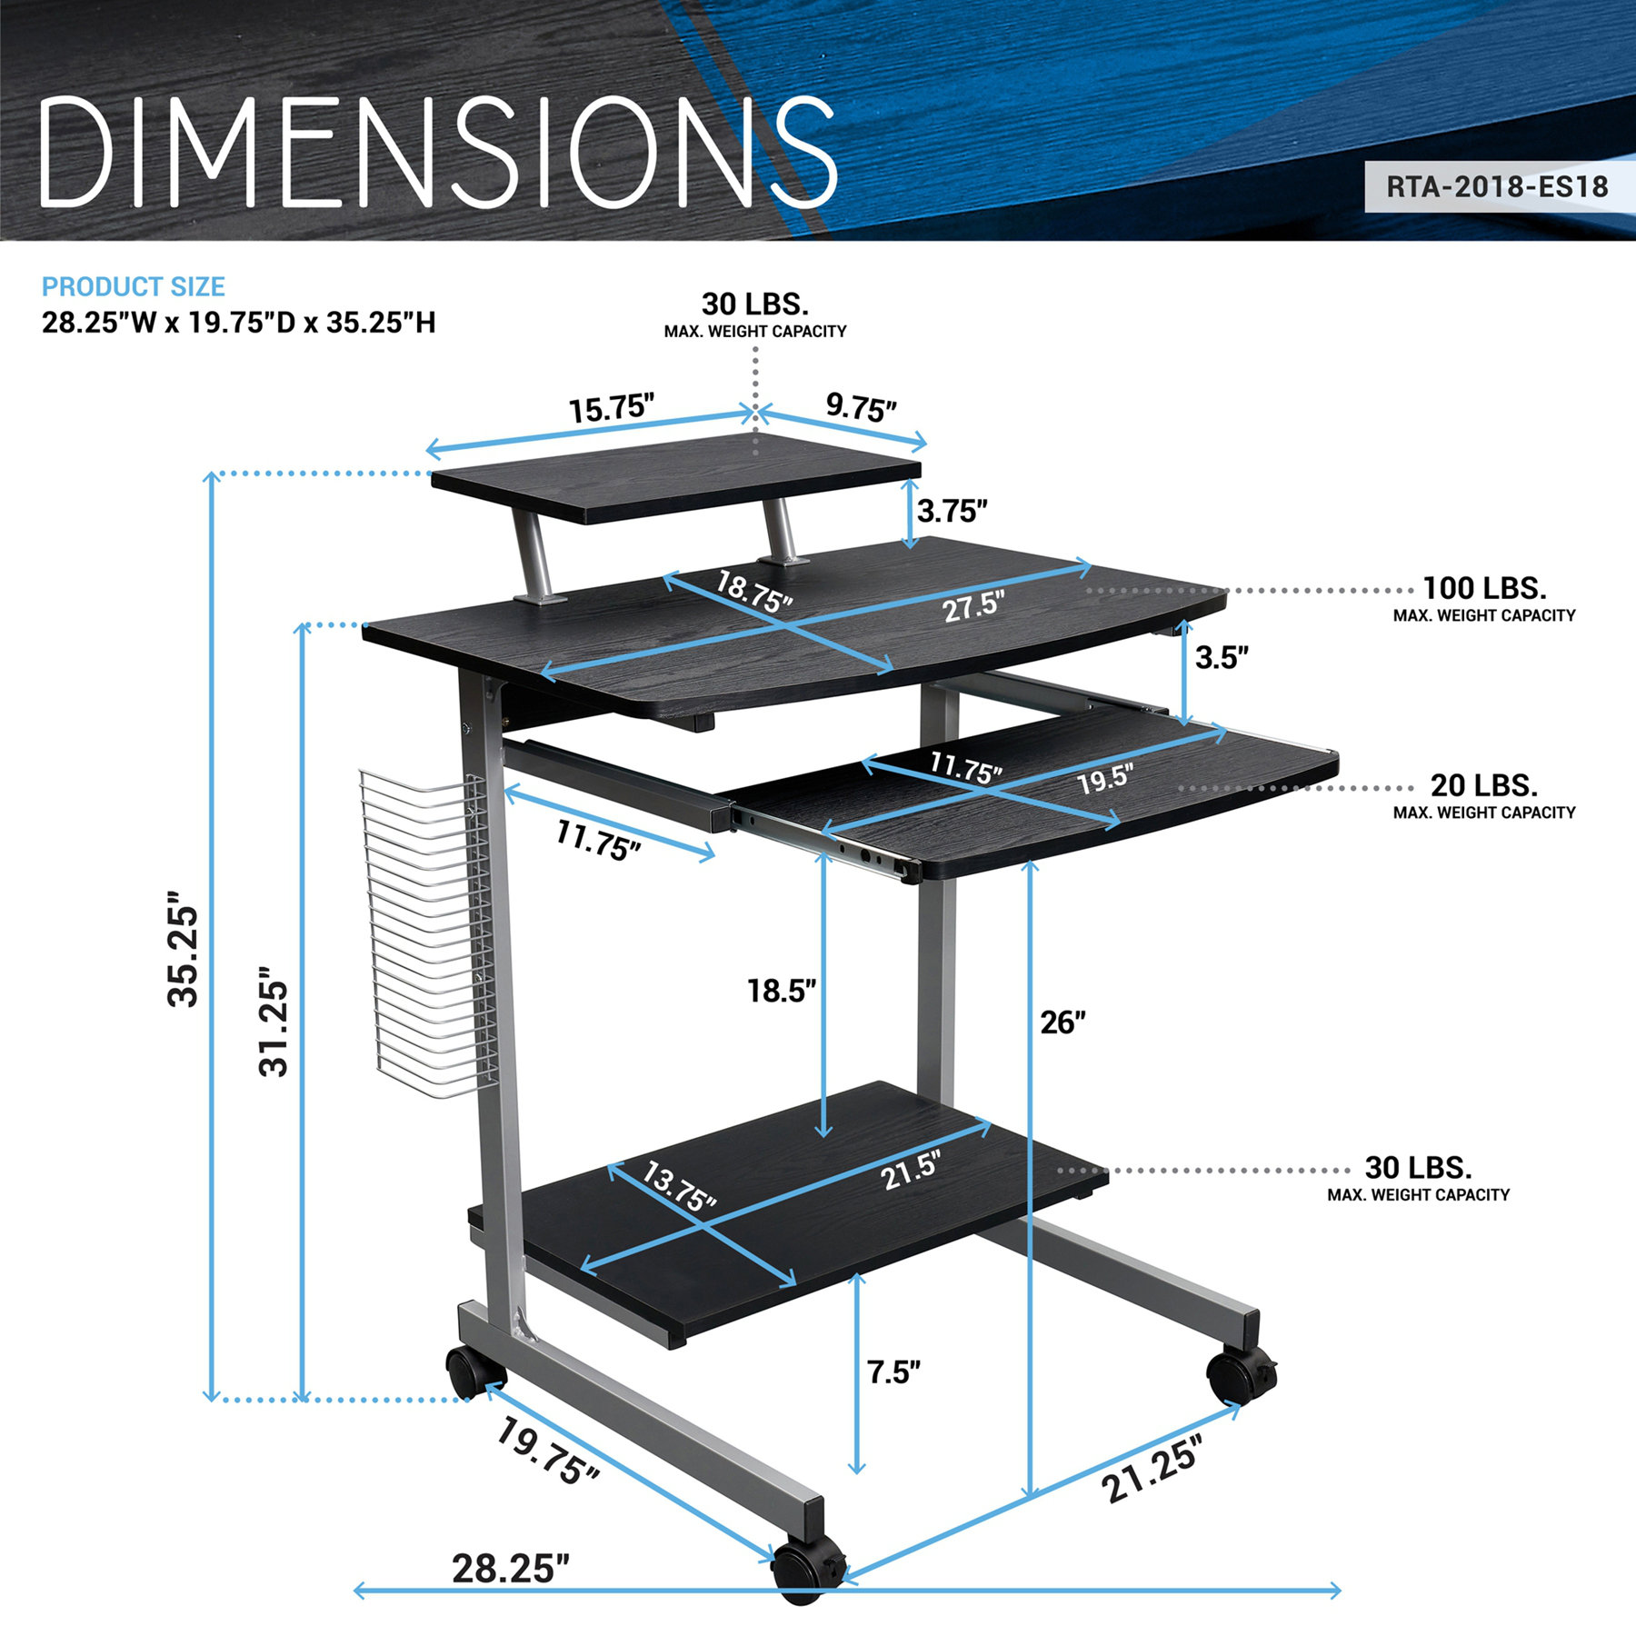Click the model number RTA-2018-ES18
click(x=1496, y=187)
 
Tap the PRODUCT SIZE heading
click(x=134, y=287)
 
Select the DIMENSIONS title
click(x=436, y=153)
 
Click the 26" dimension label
click(x=1062, y=1022)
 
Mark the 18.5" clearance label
click(x=781, y=991)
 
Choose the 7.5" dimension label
click(x=893, y=1372)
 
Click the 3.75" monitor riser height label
click(x=952, y=512)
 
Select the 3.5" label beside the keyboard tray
click(x=1222, y=657)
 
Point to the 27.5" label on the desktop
click(x=973, y=606)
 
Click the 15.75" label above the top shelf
click(x=612, y=408)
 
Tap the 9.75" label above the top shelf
click(x=861, y=408)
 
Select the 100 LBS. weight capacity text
click(x=1483, y=589)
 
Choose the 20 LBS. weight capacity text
click(x=1483, y=785)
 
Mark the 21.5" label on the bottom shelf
click(x=910, y=1170)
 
